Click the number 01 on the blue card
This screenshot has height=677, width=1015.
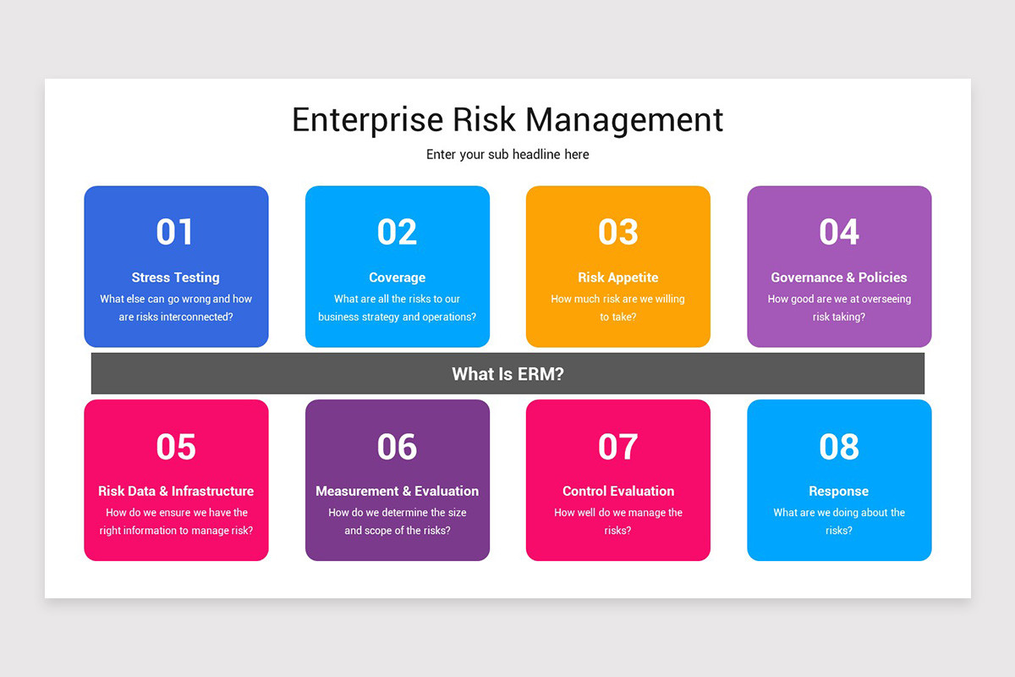(x=175, y=232)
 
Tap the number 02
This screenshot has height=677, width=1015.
(x=397, y=232)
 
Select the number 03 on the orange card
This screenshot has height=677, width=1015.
(x=617, y=232)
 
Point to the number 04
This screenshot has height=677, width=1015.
(x=839, y=232)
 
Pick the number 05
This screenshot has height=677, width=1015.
(x=175, y=447)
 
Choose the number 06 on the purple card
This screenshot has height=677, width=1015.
(x=397, y=447)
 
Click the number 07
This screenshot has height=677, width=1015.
(x=617, y=447)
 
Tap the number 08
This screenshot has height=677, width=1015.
(x=839, y=447)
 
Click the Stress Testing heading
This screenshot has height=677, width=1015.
(x=175, y=278)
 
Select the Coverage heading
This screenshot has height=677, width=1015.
(x=397, y=278)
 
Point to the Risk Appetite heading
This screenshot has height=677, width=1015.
(x=617, y=278)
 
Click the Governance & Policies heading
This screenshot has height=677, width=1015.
(x=839, y=278)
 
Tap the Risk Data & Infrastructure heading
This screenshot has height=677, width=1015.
(x=175, y=491)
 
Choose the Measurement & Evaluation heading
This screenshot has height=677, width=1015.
(x=397, y=491)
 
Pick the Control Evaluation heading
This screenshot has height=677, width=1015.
(x=618, y=491)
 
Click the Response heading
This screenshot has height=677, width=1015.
(x=838, y=491)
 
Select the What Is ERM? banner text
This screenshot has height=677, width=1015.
(x=507, y=374)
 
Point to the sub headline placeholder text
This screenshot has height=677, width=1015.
(x=507, y=155)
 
